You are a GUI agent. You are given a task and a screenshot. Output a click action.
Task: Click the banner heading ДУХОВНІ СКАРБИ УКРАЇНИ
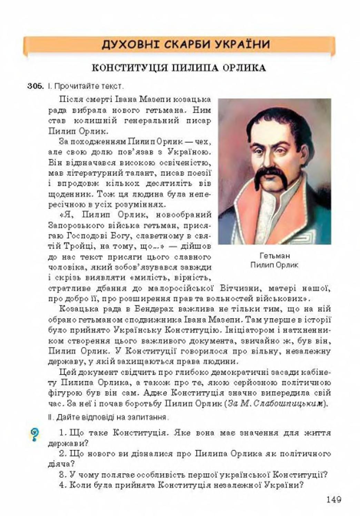(x=186, y=45)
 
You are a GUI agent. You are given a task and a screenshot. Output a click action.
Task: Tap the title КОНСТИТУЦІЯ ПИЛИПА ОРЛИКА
(x=179, y=68)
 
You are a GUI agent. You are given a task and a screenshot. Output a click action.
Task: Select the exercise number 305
(x=36, y=86)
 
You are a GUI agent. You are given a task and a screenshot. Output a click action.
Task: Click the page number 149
(x=333, y=499)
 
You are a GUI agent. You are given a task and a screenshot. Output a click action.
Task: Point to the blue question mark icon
(x=35, y=434)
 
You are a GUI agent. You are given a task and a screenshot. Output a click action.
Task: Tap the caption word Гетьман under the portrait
(x=274, y=256)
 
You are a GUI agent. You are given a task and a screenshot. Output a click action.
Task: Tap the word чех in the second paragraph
(x=202, y=142)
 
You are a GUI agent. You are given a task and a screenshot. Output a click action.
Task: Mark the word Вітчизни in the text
(x=237, y=288)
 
